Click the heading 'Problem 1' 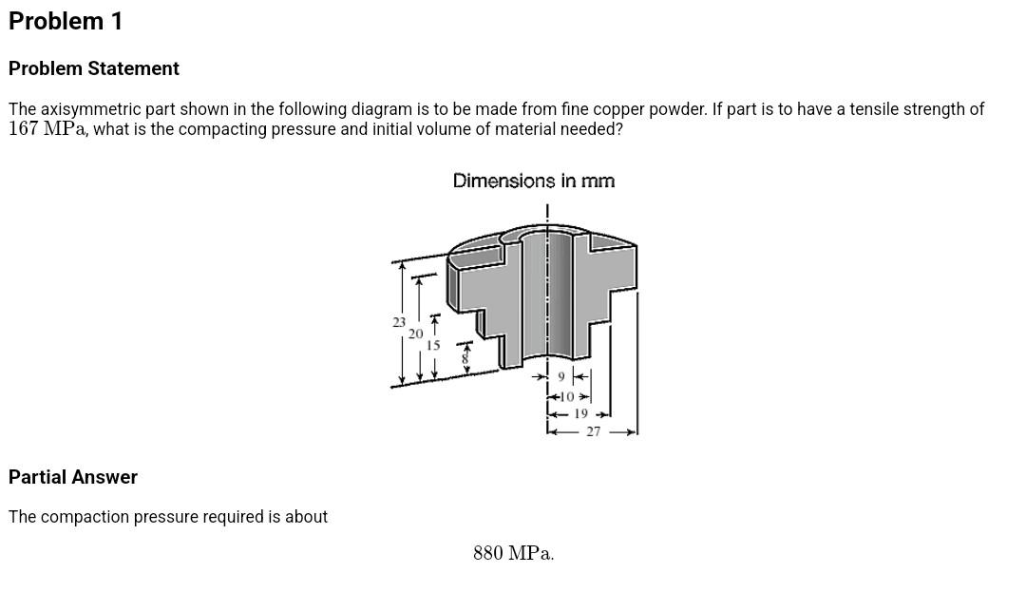(x=66, y=22)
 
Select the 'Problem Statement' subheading (x=93, y=68)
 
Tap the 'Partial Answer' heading (x=73, y=477)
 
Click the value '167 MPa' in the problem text (x=47, y=129)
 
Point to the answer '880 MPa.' (x=513, y=553)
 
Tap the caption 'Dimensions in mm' (x=533, y=181)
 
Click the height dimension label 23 (x=399, y=323)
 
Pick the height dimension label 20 (x=416, y=334)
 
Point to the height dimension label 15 (x=433, y=346)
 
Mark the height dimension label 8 (x=465, y=358)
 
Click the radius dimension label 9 (x=561, y=377)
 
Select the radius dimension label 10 (x=567, y=396)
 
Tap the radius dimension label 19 (x=580, y=414)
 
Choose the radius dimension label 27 (x=594, y=431)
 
